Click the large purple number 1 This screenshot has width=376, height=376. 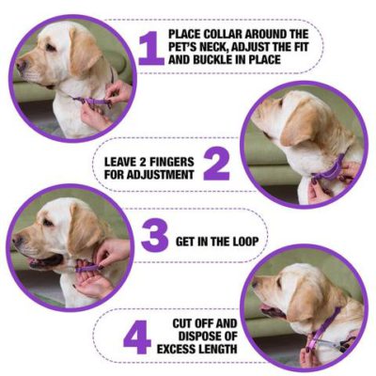point(150,47)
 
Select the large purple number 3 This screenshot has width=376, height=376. point(154,237)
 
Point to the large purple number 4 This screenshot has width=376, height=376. point(137,335)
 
